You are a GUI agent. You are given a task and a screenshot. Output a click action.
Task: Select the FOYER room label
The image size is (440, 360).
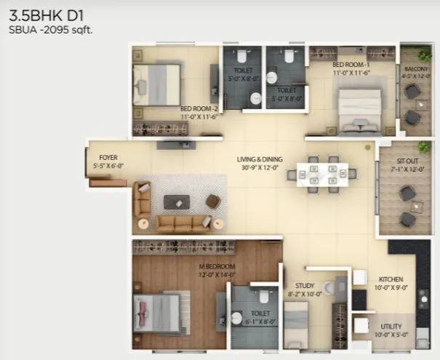click(108, 156)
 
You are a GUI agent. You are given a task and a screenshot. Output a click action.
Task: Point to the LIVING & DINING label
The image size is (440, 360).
click(260, 159)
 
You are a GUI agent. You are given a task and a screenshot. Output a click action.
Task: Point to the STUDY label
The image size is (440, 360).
click(305, 287)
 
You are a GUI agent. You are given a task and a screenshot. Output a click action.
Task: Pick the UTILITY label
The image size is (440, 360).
click(391, 327)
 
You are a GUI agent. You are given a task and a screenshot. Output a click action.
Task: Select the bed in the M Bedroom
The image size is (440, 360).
click(156, 312)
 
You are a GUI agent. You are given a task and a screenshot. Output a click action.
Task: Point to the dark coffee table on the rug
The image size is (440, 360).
click(177, 201)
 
